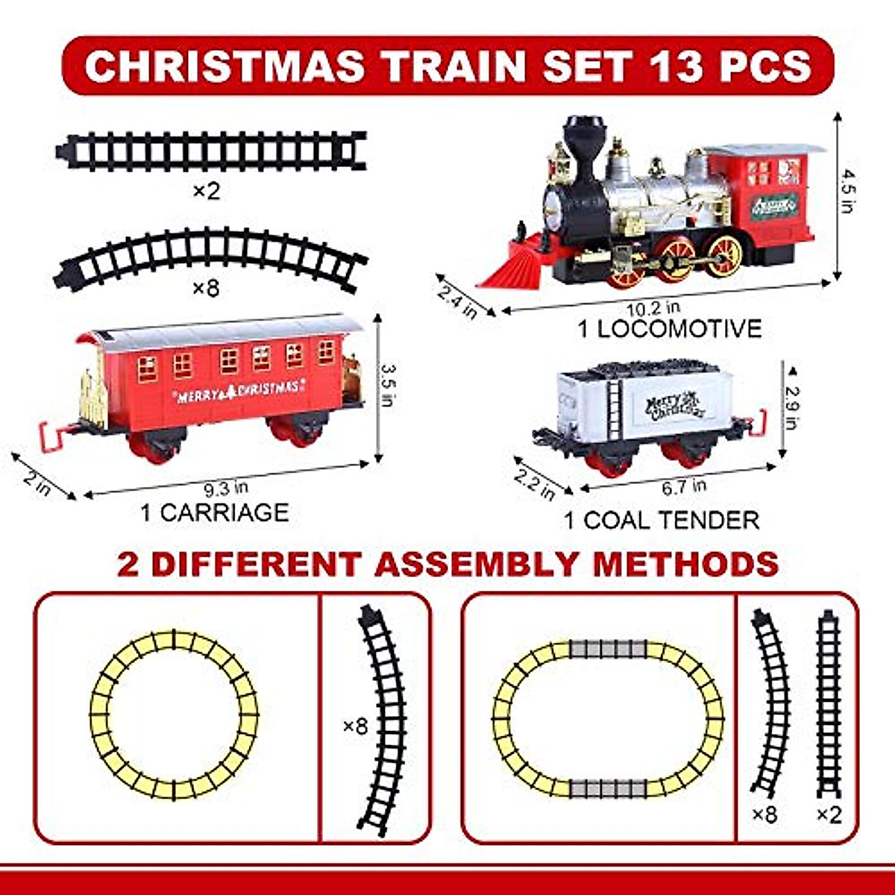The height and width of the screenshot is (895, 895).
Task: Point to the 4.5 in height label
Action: click(847, 190)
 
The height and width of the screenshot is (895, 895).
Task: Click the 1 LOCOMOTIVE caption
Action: click(671, 329)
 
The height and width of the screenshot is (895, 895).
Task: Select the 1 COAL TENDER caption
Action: click(661, 520)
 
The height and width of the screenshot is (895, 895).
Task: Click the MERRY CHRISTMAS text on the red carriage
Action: click(239, 390)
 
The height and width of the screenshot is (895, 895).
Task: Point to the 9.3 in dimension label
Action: click(226, 489)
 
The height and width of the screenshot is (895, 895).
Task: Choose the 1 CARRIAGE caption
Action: click(214, 513)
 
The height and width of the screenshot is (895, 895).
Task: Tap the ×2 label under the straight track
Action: click(207, 192)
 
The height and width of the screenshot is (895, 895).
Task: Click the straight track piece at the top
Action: click(211, 151)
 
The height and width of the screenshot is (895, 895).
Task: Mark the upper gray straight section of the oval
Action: click(608, 649)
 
